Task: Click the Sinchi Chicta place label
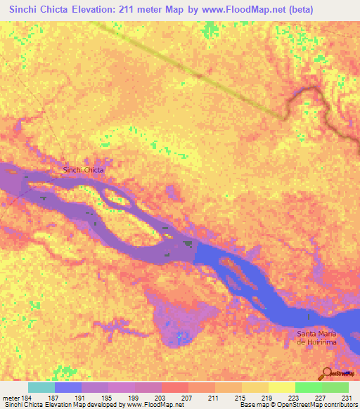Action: click(x=84, y=170)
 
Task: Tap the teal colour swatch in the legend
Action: click(x=41, y=387)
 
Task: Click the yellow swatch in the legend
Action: click(x=282, y=387)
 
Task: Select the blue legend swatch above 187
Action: click(x=68, y=387)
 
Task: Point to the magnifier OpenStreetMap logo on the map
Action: click(x=327, y=373)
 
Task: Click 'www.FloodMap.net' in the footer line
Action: click(x=149, y=405)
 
